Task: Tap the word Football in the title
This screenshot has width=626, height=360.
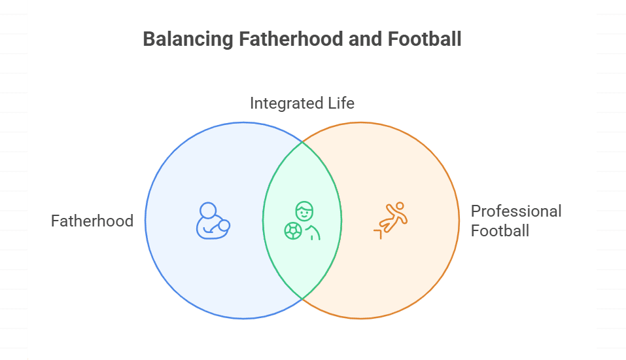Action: click(425, 39)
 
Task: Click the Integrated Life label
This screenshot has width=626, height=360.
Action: click(302, 103)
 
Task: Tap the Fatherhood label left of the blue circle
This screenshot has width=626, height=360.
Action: click(92, 221)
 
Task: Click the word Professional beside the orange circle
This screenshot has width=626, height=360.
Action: click(516, 211)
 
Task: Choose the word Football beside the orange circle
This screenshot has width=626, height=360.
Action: click(500, 230)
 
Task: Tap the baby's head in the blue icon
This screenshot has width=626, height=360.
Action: click(224, 226)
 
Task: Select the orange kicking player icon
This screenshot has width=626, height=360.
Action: click(390, 220)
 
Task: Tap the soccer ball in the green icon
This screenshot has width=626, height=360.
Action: click(292, 230)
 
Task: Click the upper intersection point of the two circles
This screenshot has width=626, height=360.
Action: click(302, 141)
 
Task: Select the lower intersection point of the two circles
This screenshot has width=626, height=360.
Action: click(302, 299)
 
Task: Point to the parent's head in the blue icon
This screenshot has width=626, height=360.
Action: click(208, 210)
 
